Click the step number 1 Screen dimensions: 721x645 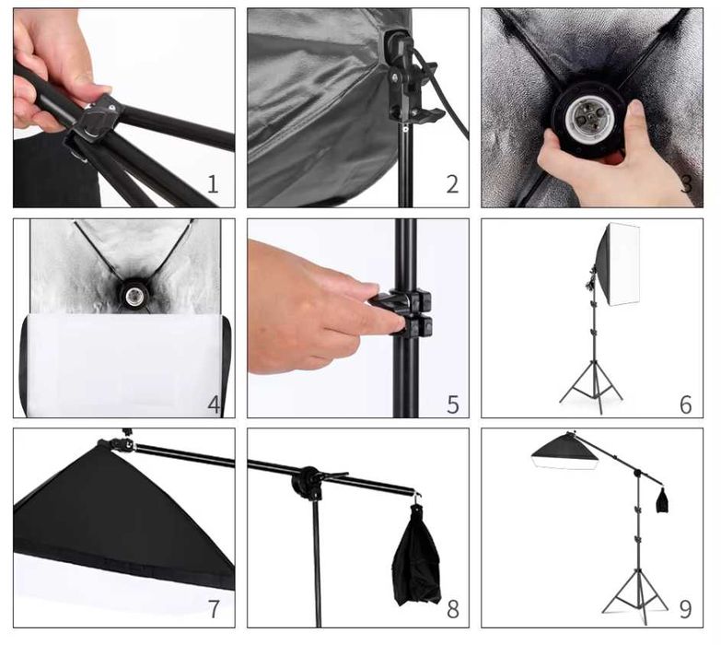(x=213, y=184)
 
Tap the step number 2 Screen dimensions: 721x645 (x=452, y=184)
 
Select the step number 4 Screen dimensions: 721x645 (x=214, y=405)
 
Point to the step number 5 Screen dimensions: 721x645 (x=453, y=405)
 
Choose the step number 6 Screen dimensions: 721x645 (x=686, y=405)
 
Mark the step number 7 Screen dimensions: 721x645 (x=214, y=609)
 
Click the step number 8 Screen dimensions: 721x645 (x=453, y=609)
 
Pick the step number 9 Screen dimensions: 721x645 (x=686, y=609)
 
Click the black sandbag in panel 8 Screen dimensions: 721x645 (x=416, y=557)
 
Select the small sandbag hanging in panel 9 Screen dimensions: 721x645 (x=662, y=500)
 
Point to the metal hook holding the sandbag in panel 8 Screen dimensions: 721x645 (x=418, y=496)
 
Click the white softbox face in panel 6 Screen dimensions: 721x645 (x=624, y=264)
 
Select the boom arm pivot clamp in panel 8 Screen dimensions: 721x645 (x=310, y=484)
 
